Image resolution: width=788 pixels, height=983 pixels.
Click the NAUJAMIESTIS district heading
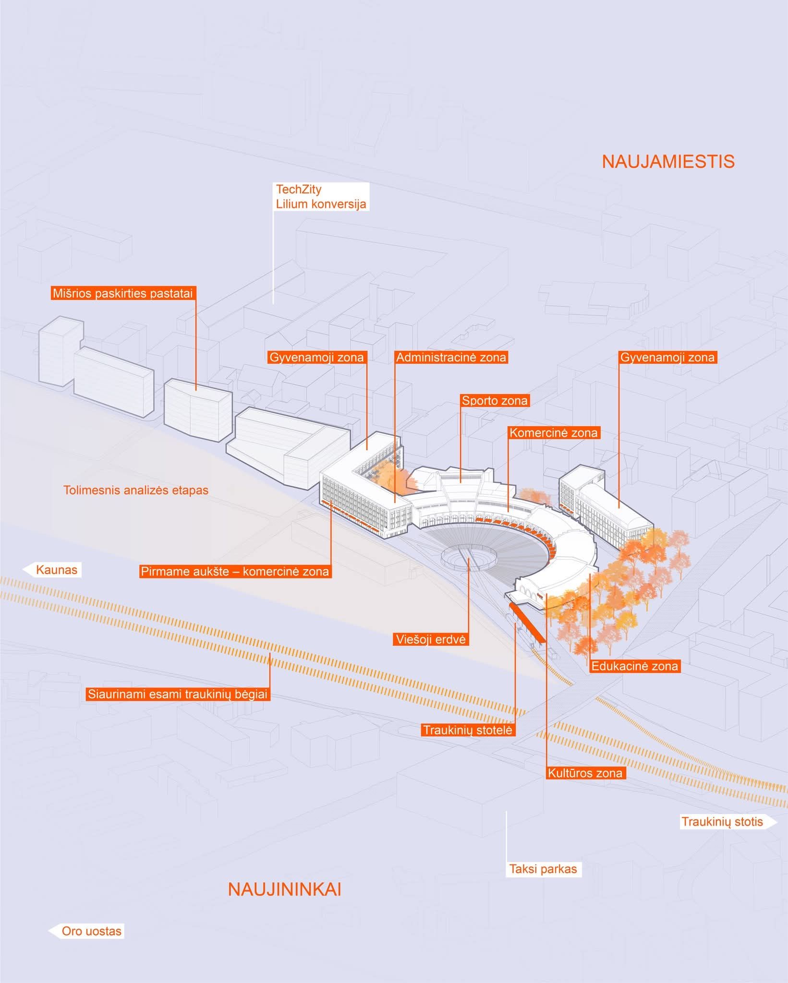pyautogui.click(x=668, y=162)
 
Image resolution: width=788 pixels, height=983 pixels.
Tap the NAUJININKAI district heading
pyautogui.click(x=284, y=889)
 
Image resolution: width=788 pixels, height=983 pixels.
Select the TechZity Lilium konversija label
pyautogui.click(x=321, y=196)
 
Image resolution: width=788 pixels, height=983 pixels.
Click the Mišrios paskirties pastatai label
pyautogui.click(x=123, y=293)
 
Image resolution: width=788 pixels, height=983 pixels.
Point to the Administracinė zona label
pyautogui.click(x=451, y=358)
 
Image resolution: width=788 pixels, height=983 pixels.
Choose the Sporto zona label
pyautogui.click(x=495, y=400)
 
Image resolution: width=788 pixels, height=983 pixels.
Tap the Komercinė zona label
pyautogui.click(x=553, y=432)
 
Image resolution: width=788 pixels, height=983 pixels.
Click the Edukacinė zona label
pyautogui.click(x=634, y=666)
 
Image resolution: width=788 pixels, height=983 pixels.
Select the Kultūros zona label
pyautogui.click(x=585, y=773)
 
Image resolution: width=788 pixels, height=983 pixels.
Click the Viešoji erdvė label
pyautogui.click(x=430, y=639)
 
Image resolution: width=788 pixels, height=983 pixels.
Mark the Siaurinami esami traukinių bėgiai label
pyautogui.click(x=177, y=694)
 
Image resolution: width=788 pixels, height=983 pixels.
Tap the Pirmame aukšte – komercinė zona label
pyautogui.click(x=235, y=572)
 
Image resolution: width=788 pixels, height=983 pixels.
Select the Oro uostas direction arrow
pyautogui.click(x=87, y=931)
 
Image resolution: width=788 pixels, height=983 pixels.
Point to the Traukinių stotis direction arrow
pyautogui.click(x=726, y=822)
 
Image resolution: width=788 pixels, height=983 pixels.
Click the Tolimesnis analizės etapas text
pyautogui.click(x=136, y=491)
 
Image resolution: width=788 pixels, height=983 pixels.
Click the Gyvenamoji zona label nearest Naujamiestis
pyautogui.click(x=667, y=358)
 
